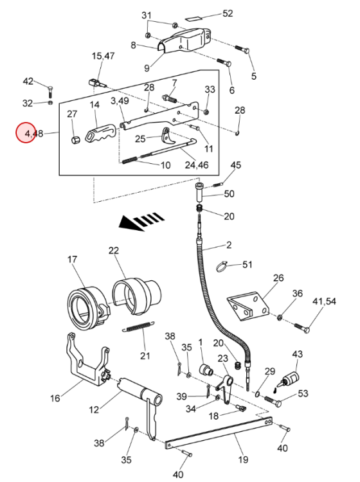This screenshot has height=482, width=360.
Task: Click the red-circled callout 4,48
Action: (x=26, y=133)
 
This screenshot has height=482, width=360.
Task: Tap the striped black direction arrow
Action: (x=141, y=221)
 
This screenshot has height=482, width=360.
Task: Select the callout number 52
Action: (x=228, y=13)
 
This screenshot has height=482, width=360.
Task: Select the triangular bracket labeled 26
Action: (x=247, y=306)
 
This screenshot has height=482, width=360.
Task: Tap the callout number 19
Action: (x=243, y=460)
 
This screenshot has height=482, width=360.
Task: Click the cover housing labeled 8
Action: (x=184, y=40)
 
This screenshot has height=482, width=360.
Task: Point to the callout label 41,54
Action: (x=325, y=301)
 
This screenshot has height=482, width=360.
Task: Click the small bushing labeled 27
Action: (x=75, y=140)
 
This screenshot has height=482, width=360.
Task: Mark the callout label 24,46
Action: (x=197, y=165)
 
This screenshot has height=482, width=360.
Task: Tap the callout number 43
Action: (x=297, y=354)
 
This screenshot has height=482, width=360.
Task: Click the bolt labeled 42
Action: (x=50, y=92)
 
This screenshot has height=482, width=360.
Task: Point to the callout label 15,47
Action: (x=104, y=56)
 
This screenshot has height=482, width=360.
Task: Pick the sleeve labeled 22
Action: (x=137, y=296)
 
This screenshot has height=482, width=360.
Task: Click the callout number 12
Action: (x=94, y=410)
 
